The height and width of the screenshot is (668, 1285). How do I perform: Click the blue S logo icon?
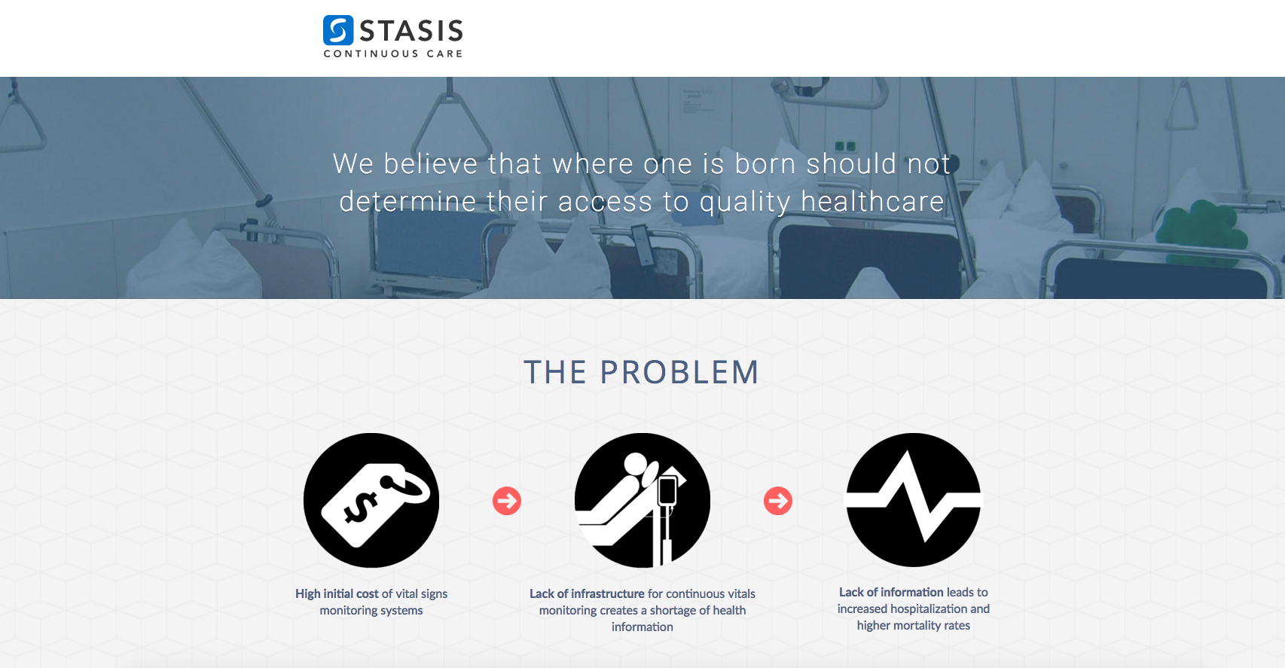click(x=338, y=30)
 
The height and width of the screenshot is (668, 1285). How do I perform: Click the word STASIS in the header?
click(x=411, y=31)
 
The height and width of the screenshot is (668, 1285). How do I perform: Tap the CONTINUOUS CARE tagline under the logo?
click(x=393, y=53)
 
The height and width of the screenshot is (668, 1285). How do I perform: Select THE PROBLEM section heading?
click(x=641, y=372)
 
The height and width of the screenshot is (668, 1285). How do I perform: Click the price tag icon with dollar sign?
click(x=371, y=500)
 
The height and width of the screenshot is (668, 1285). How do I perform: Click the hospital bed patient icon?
click(x=642, y=500)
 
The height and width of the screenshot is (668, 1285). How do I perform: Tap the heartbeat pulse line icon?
click(x=914, y=500)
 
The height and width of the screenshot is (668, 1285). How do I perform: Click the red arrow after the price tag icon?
click(x=507, y=501)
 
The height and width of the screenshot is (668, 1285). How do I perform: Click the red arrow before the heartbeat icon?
click(x=778, y=501)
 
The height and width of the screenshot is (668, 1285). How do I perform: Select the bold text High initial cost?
click(x=337, y=593)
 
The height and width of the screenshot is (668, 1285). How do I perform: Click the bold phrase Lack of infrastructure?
click(x=587, y=593)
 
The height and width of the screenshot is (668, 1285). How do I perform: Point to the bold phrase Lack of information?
click(x=891, y=592)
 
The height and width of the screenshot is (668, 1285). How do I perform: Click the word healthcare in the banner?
click(x=871, y=202)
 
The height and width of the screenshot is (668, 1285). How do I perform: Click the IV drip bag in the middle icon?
click(x=667, y=490)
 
